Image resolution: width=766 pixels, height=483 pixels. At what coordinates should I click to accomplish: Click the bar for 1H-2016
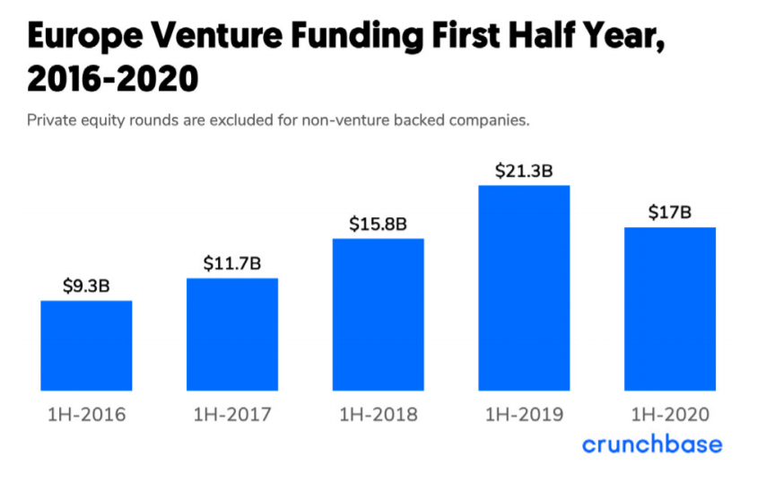(x=86, y=346)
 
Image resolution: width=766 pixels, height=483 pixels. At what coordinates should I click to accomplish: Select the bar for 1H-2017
(x=232, y=334)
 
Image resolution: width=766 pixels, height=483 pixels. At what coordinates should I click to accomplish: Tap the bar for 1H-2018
(x=378, y=314)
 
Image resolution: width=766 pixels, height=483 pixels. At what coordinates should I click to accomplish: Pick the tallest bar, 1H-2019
(x=524, y=287)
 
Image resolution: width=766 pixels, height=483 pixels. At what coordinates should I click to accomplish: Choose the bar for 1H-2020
(x=670, y=309)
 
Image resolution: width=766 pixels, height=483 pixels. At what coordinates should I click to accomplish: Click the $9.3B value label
(x=86, y=286)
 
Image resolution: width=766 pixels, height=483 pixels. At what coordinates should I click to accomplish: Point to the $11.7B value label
(x=232, y=264)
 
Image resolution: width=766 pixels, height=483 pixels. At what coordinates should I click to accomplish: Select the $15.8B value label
(x=378, y=224)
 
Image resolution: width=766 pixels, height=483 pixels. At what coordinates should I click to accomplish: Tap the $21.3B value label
(x=524, y=171)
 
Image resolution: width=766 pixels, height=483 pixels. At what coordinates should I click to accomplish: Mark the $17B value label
(x=670, y=213)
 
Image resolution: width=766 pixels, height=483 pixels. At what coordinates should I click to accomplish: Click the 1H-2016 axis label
(x=86, y=415)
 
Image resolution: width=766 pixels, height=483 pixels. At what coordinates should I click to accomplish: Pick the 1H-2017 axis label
(x=232, y=415)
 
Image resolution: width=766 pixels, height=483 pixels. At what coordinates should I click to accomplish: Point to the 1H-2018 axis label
(x=378, y=415)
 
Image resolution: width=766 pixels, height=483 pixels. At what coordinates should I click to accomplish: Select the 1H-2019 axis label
(x=524, y=415)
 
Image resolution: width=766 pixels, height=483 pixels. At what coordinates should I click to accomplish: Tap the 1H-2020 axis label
(x=670, y=415)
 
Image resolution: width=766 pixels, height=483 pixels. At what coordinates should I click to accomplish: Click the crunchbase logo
(x=651, y=444)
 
